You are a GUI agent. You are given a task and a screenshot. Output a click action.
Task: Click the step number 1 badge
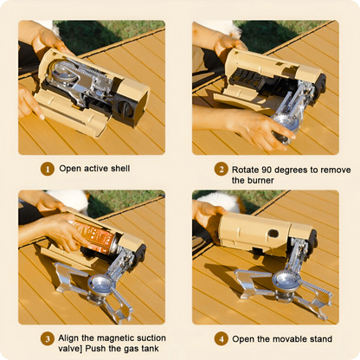(48, 169)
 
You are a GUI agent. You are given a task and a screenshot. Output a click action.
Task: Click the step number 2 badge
(222, 170)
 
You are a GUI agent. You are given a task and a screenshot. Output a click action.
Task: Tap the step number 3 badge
(48, 339)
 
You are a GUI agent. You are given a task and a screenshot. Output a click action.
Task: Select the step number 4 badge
(222, 338)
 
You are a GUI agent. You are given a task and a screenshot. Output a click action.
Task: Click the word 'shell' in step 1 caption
(120, 169)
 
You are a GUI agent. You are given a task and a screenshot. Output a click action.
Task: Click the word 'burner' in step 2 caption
(260, 180)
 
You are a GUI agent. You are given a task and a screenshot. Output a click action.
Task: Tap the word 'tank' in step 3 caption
(150, 349)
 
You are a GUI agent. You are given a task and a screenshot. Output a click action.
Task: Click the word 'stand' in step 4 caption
(321, 339)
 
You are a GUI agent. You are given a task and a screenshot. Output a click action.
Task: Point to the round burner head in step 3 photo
(102, 284)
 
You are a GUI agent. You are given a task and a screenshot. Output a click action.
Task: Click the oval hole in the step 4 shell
(273, 234)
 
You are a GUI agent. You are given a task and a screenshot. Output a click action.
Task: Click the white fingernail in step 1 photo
(42, 117)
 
